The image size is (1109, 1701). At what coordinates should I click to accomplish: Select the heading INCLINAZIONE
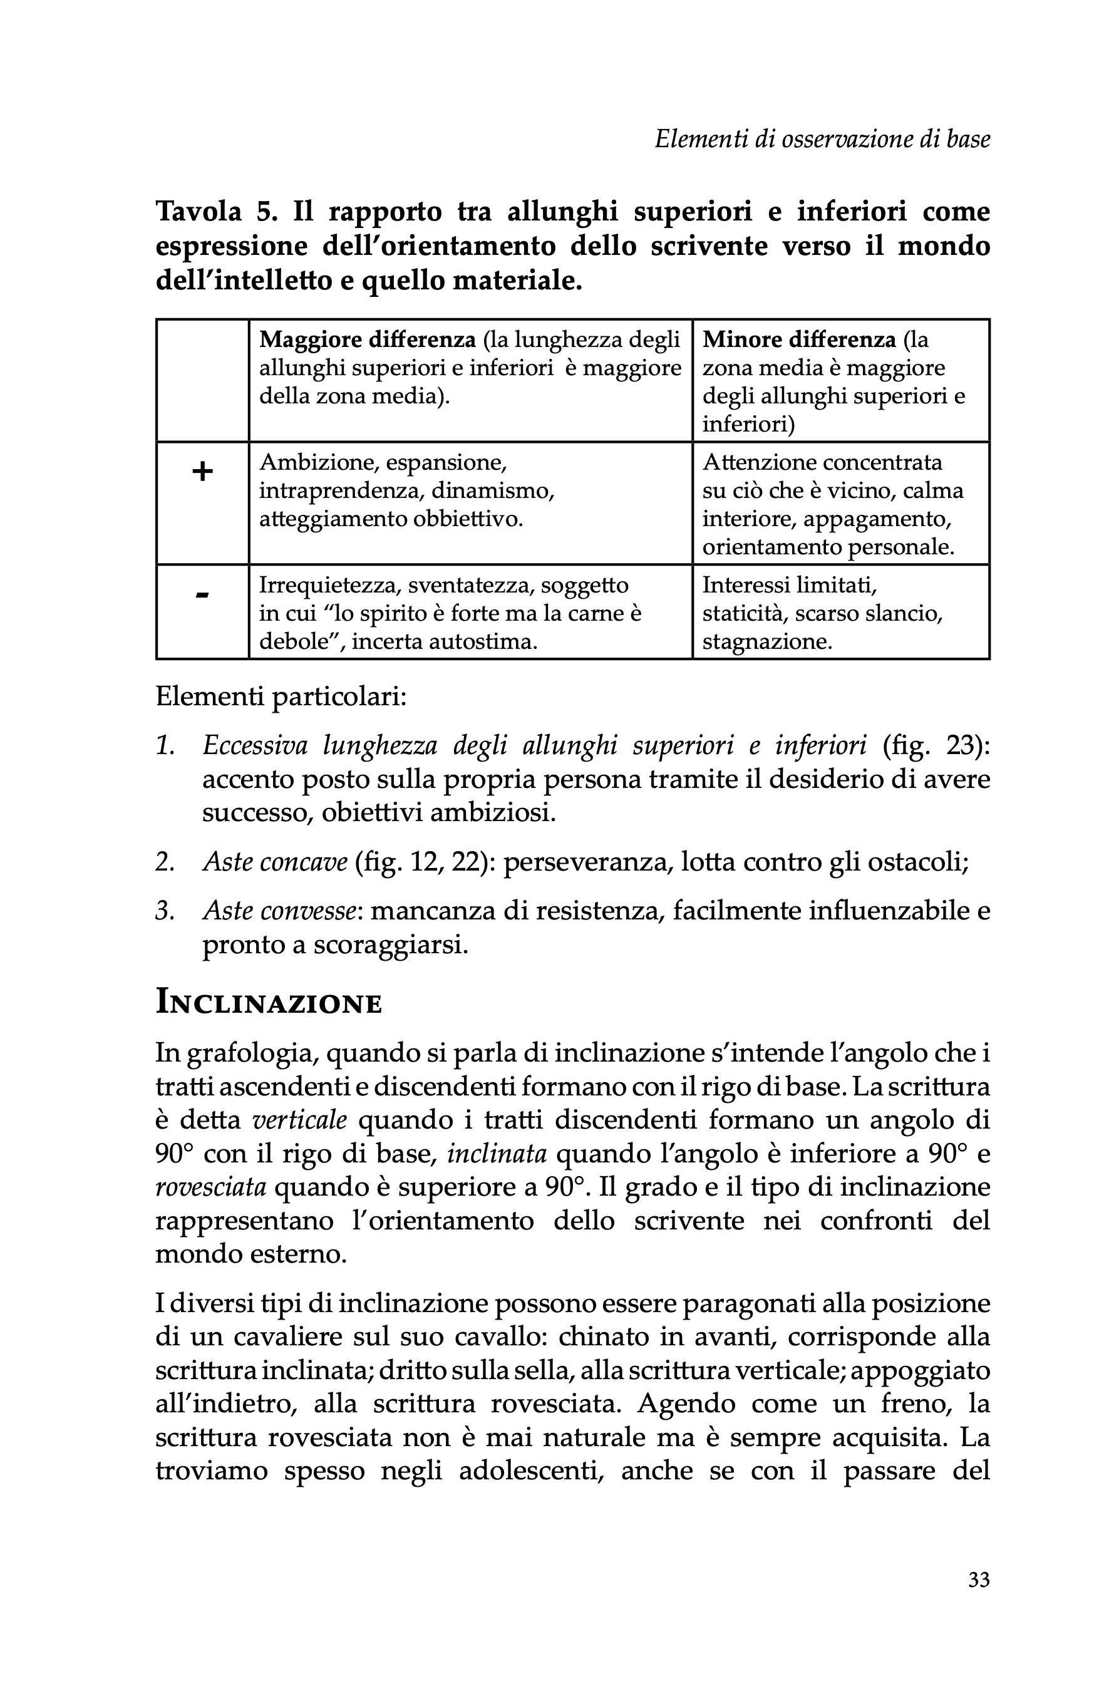coord(269,1003)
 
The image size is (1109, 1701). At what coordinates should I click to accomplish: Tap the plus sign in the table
coord(202,472)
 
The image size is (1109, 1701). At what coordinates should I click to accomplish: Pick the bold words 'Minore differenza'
coord(799,339)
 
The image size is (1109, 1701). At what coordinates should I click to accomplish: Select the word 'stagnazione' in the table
coord(766,641)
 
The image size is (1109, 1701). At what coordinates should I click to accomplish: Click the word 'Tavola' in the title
coord(199,212)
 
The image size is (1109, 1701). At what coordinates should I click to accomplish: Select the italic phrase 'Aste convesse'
coord(279,911)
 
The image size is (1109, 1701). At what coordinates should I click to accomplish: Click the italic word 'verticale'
coord(300,1119)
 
